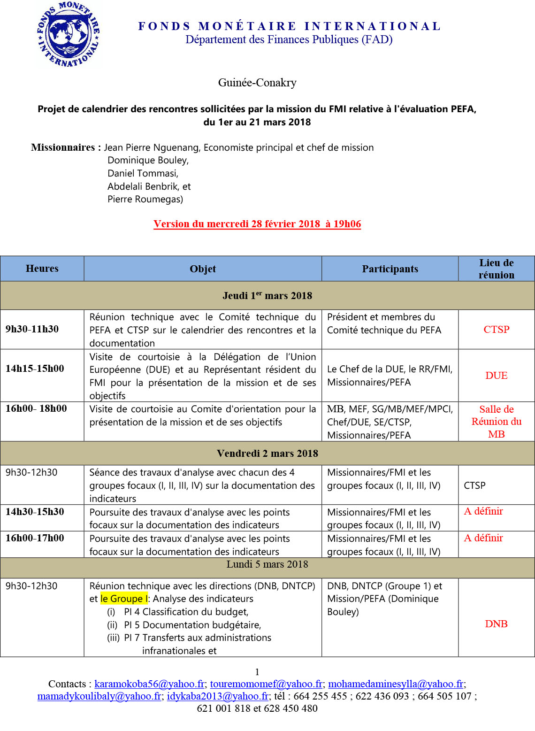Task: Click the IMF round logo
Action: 69,34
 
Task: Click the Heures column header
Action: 42,269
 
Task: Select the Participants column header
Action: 390,269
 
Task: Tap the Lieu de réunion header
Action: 496,269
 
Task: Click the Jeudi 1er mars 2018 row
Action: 267,296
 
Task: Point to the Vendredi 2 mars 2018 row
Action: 267,454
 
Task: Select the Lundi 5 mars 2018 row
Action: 267,564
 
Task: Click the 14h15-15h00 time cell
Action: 35,369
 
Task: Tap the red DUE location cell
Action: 496,376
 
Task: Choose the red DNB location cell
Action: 496,624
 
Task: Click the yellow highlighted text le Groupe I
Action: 124,599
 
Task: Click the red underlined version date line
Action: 257,224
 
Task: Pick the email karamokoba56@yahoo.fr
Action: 149,684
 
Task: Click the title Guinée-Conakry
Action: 257,83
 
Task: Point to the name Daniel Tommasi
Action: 143,173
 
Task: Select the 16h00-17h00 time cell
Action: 35,538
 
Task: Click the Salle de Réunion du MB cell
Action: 496,422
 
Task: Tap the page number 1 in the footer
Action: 257,672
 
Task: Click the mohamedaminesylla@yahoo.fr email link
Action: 396,684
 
